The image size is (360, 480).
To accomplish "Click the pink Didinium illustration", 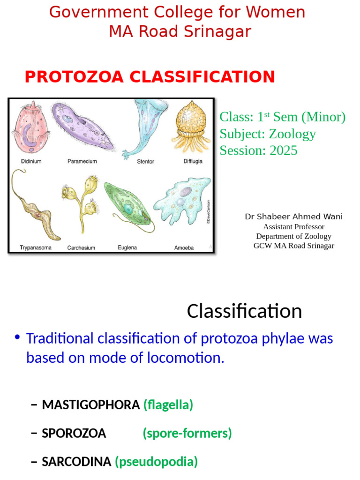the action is (30, 128).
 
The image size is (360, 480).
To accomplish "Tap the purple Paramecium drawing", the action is (82, 127).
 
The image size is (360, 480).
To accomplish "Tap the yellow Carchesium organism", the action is (82, 202).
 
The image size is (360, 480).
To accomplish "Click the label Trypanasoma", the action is (36, 247).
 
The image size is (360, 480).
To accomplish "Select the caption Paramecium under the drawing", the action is (82, 161).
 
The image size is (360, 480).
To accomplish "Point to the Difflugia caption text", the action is (193, 161).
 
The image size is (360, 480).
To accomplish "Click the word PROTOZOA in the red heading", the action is (74, 76).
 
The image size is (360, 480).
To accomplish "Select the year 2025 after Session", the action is (284, 150).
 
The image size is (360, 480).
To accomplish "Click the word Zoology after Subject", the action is (292, 134).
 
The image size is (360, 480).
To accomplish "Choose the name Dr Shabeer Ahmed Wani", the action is (293, 217).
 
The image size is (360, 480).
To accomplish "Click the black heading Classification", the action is (244, 311).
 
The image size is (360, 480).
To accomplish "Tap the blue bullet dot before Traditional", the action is (17, 337).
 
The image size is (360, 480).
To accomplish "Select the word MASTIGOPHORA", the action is (90, 405).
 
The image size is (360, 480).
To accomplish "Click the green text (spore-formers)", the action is (187, 433).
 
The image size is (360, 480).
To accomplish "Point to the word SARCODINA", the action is (76, 462).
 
